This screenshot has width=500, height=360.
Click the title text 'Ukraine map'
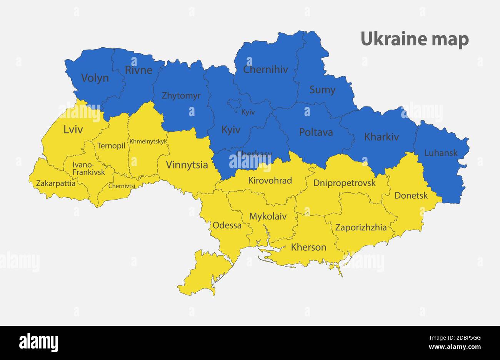[x=415, y=39]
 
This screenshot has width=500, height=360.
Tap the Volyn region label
[x=95, y=78]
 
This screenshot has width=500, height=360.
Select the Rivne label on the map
[x=138, y=70]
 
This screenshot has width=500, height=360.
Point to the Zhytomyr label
[x=181, y=96]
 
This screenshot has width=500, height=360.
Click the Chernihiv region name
[x=265, y=70]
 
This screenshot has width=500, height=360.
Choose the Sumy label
[x=322, y=90]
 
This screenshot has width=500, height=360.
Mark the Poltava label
[x=316, y=132]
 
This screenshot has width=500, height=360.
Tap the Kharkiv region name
[x=381, y=137]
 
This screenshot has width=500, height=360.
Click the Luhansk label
[x=441, y=153]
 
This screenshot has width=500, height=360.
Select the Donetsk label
[x=411, y=195]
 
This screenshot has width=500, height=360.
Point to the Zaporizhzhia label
[x=361, y=227]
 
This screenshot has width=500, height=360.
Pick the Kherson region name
[x=308, y=247]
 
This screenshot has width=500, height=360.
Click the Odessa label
[x=227, y=225]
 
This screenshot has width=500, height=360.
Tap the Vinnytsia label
[x=187, y=165]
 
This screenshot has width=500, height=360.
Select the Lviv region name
[x=73, y=130]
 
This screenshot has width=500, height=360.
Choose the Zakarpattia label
[x=56, y=183]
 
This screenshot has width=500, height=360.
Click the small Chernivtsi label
[x=122, y=186]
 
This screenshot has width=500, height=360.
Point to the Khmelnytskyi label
[x=148, y=142]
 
